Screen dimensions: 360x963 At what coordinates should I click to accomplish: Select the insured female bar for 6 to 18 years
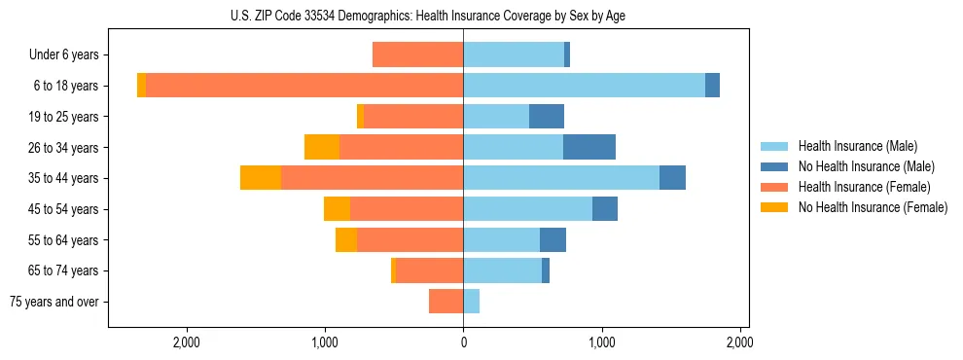click(304, 86)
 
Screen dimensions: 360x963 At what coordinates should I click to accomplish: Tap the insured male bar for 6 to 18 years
click(584, 86)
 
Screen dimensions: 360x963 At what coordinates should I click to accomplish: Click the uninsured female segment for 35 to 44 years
click(261, 178)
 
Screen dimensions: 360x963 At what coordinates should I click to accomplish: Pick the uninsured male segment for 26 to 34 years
click(589, 147)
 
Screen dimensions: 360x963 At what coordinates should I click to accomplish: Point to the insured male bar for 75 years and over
click(472, 302)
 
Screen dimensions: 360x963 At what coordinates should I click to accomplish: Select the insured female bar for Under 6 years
click(417, 54)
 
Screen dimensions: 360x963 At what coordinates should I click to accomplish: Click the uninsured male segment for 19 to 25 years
click(547, 117)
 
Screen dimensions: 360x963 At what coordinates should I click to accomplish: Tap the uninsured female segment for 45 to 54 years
click(337, 209)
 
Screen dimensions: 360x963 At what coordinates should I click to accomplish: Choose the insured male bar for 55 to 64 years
click(501, 239)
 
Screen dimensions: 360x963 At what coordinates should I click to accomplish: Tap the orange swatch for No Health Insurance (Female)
click(774, 207)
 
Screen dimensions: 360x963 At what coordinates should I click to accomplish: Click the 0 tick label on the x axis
click(463, 342)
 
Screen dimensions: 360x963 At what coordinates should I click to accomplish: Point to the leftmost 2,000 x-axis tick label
click(186, 342)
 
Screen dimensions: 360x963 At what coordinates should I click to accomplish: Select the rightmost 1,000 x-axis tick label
click(601, 342)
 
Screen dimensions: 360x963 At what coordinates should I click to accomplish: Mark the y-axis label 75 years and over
click(54, 302)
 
